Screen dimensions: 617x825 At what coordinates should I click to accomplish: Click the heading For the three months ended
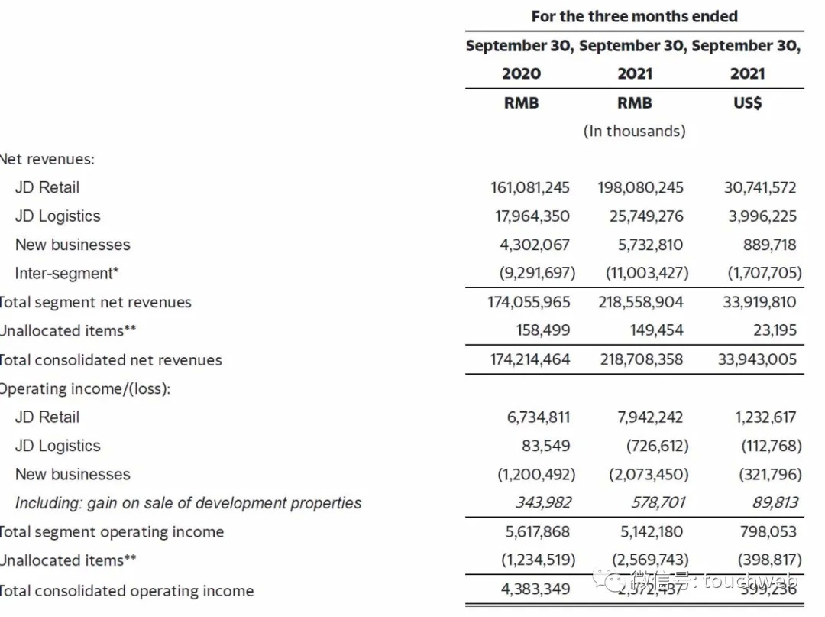tap(634, 16)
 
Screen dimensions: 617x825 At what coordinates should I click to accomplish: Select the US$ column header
tap(747, 102)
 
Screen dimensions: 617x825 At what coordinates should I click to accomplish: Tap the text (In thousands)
tap(634, 131)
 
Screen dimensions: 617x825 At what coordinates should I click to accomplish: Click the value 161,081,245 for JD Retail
tap(530, 187)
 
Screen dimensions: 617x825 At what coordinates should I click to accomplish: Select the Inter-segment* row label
tap(66, 273)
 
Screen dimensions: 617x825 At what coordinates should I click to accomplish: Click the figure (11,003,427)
tap(646, 273)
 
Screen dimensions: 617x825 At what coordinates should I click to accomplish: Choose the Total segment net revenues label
tap(95, 302)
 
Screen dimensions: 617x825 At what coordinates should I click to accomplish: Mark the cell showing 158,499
tap(544, 331)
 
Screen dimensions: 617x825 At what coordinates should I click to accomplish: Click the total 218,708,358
tap(642, 359)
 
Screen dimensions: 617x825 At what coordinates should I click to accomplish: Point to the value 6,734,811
tap(539, 417)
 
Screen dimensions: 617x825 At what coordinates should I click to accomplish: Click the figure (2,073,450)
tap(648, 474)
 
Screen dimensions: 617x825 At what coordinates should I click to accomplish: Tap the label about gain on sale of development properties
tap(188, 503)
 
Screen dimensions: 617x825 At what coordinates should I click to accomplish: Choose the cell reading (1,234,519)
tap(538, 560)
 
